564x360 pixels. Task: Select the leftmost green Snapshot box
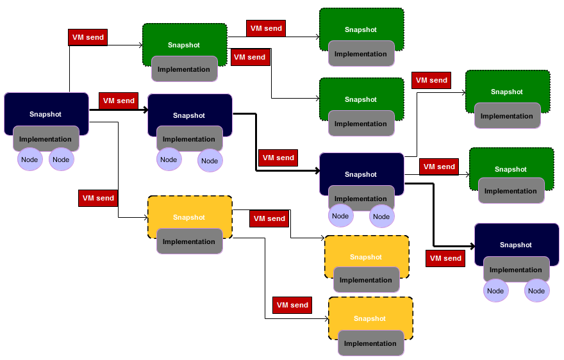184,40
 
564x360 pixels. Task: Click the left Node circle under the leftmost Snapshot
29,160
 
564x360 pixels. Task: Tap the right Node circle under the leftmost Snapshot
61,160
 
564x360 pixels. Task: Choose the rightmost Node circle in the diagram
536,291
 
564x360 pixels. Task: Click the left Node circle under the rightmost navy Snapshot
495,291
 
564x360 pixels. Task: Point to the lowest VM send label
292,305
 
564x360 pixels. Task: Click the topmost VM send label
266,28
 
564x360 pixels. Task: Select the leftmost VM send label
88,37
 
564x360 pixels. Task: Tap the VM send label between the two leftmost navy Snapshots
119,101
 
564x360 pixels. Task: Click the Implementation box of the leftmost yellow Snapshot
189,241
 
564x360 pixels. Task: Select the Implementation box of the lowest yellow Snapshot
370,343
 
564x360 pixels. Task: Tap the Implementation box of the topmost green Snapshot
361,54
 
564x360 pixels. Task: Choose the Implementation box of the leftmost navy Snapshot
46,139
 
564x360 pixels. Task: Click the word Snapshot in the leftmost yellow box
189,217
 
